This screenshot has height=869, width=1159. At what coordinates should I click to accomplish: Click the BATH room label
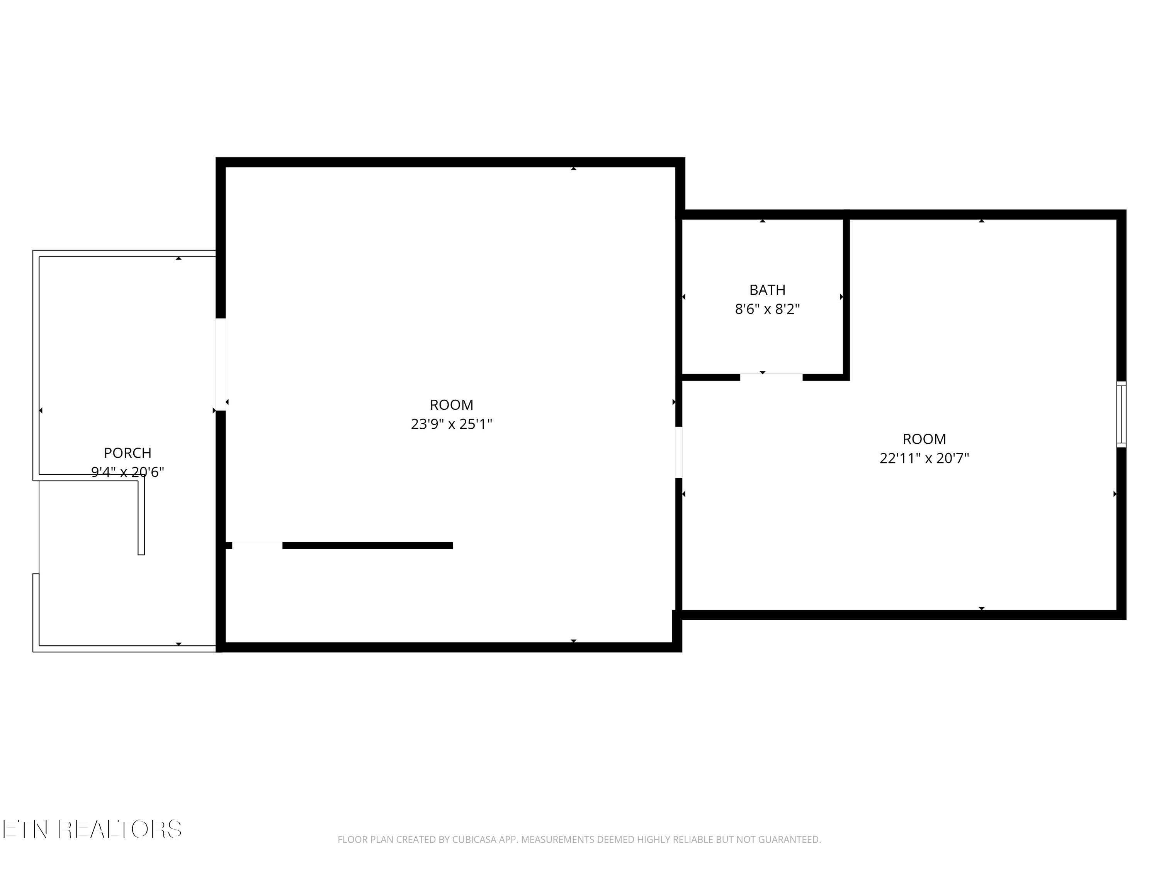(767, 290)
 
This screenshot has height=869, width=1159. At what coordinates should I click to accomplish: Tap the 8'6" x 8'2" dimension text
(767, 309)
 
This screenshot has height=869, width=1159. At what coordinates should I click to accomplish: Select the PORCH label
(127, 453)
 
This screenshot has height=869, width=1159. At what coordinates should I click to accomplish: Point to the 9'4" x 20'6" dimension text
(127, 472)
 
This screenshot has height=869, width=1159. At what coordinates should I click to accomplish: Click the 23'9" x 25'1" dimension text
(451, 424)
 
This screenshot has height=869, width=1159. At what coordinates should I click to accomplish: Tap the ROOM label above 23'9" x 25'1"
(451, 405)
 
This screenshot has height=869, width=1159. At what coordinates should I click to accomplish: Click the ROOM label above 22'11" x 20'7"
(924, 439)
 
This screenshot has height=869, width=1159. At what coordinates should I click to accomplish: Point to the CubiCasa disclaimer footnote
(579, 840)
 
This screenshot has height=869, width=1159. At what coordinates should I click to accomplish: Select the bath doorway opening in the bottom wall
(771, 376)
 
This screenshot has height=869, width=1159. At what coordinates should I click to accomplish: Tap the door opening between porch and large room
(221, 364)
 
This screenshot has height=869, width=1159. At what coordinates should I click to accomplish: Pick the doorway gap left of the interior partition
(257, 545)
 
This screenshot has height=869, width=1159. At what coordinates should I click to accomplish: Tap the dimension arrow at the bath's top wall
(762, 221)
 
